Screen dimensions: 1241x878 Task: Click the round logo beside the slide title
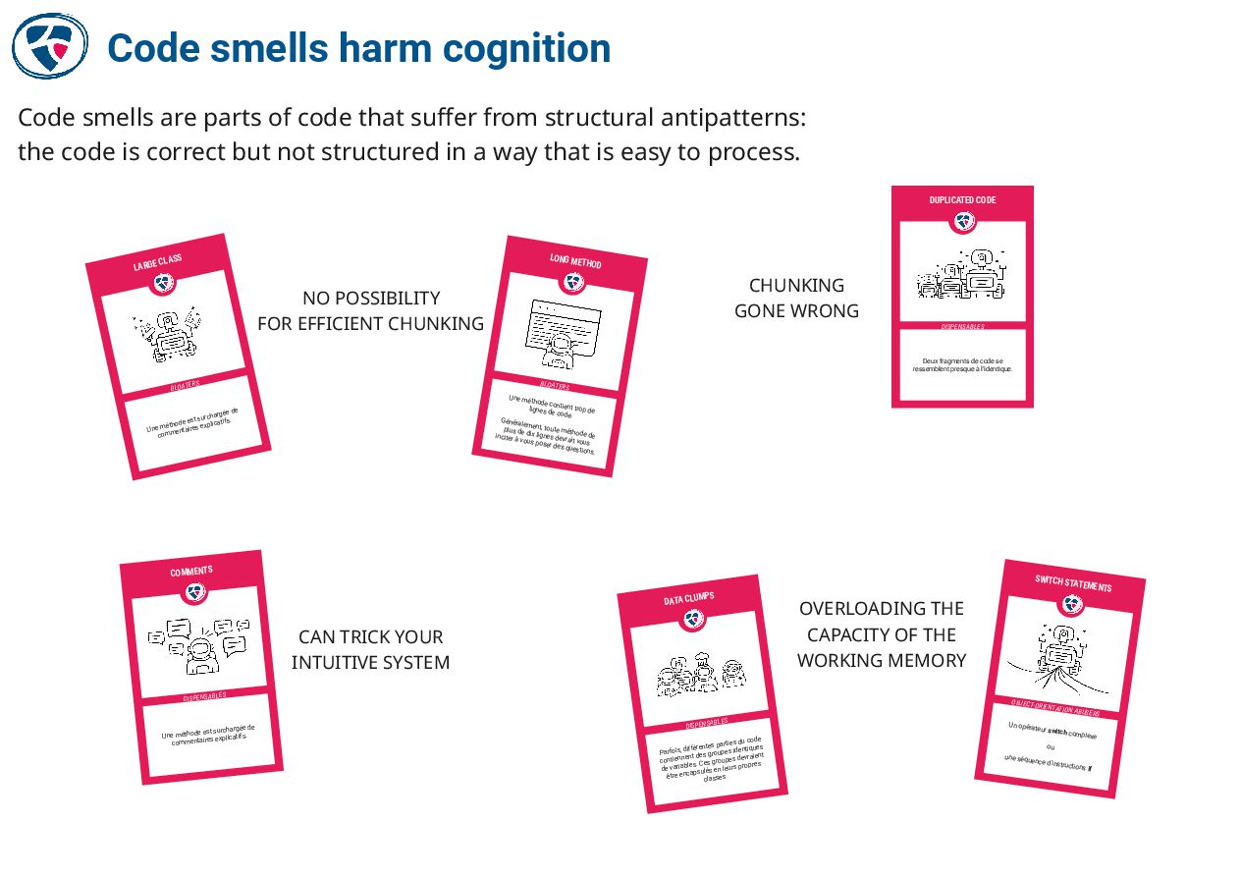pyautogui.click(x=49, y=45)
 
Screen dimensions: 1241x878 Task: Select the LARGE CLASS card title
pyautogui.click(x=158, y=263)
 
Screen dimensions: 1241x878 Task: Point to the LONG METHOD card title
pyautogui.click(x=575, y=261)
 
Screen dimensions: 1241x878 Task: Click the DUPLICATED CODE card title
pyautogui.click(x=962, y=200)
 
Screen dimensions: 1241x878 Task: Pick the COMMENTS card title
pyautogui.click(x=191, y=572)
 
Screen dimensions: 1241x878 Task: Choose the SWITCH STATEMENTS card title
pyautogui.click(x=1073, y=583)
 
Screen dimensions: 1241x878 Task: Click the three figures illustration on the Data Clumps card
pyautogui.click(x=701, y=674)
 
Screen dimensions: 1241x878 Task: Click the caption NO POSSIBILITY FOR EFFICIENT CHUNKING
pyautogui.click(x=370, y=310)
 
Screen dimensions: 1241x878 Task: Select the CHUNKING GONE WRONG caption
pyautogui.click(x=796, y=298)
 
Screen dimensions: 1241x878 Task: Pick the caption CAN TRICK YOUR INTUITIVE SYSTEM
pyautogui.click(x=370, y=649)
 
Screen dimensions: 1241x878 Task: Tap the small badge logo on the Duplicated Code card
pyautogui.click(x=962, y=222)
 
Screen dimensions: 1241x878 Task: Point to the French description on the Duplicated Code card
pyautogui.click(x=962, y=365)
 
